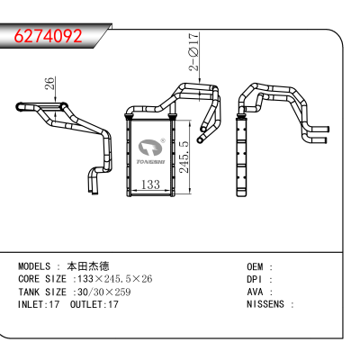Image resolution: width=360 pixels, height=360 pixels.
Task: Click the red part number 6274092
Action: pyautogui.click(x=49, y=36)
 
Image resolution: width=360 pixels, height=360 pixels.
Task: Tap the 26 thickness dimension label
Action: pyautogui.click(x=50, y=83)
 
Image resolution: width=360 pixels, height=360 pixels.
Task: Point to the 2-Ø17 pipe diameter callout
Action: pyautogui.click(x=193, y=51)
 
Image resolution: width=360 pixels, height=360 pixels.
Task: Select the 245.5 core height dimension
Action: pyautogui.click(x=184, y=157)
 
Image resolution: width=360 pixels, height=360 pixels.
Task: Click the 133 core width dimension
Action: pyautogui.click(x=150, y=184)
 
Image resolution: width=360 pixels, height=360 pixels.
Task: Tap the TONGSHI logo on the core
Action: pyautogui.click(x=151, y=152)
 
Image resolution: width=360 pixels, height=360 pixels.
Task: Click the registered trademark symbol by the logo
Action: pyautogui.click(x=163, y=140)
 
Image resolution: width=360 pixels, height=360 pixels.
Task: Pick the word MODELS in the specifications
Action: pyautogui.click(x=34, y=266)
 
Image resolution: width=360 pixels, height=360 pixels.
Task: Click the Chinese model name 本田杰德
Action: pyautogui.click(x=88, y=266)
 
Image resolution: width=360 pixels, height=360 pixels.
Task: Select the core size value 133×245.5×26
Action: pyautogui.click(x=115, y=279)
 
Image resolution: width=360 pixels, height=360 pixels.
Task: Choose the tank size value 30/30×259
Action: pyautogui.click(x=104, y=292)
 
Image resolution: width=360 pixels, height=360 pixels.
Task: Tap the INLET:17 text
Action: pyautogui.click(x=39, y=304)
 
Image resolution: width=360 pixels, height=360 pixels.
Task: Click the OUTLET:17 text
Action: pyautogui.click(x=94, y=304)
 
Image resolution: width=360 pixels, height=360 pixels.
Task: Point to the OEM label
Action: pyautogui.click(x=255, y=266)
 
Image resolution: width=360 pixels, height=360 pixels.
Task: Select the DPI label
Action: pyautogui.click(x=255, y=279)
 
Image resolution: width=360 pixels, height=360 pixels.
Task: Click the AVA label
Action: pyautogui.click(x=255, y=292)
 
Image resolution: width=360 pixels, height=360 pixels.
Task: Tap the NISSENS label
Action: pyautogui.click(x=265, y=304)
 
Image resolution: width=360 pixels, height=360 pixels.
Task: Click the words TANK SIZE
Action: pyautogui.click(x=42, y=292)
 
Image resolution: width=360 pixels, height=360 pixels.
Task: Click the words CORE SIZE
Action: pyautogui.click(x=42, y=279)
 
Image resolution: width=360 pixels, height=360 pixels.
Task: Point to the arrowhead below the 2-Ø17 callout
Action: pyautogui.click(x=200, y=80)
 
